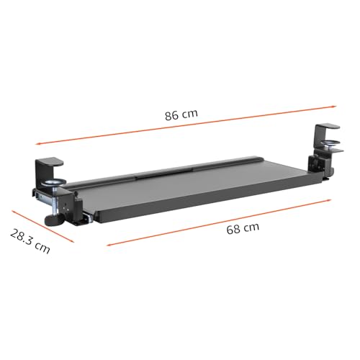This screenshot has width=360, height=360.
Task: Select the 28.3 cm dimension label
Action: (30, 242)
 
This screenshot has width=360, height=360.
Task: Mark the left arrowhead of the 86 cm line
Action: (37, 143)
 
